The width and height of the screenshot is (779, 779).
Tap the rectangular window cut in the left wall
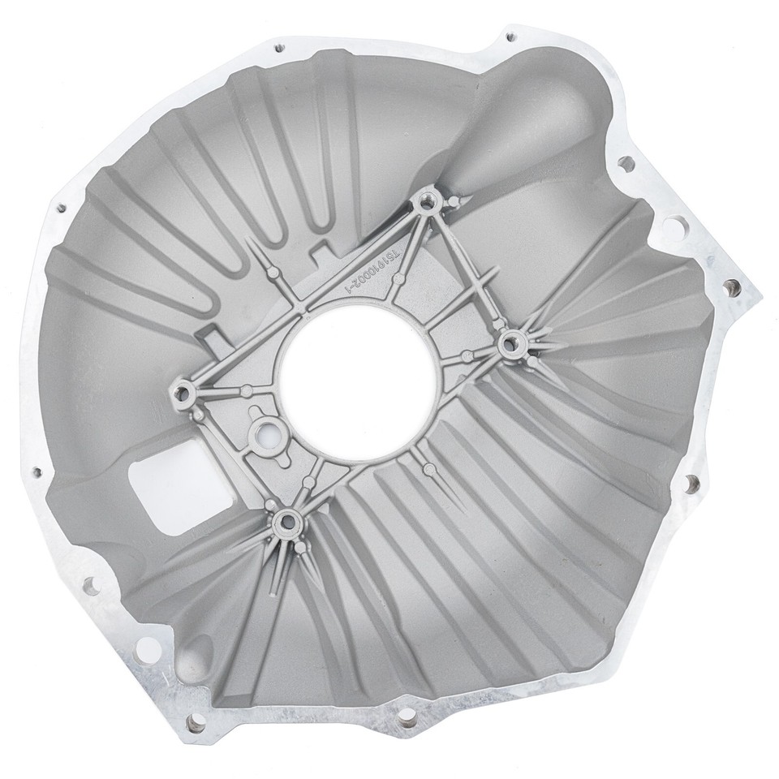pyautogui.click(x=173, y=484)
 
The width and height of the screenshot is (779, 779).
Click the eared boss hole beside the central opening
pyautogui.click(x=264, y=434)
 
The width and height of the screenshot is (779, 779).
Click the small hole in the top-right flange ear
pyautogui.click(x=510, y=37)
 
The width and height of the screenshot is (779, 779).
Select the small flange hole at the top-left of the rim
pyautogui.click(x=280, y=48)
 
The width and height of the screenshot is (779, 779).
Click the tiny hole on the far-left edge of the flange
pyautogui.click(x=37, y=471)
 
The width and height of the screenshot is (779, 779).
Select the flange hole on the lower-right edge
pyautogui.click(x=691, y=484)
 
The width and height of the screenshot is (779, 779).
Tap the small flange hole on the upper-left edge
pyautogui.click(x=60, y=208)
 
